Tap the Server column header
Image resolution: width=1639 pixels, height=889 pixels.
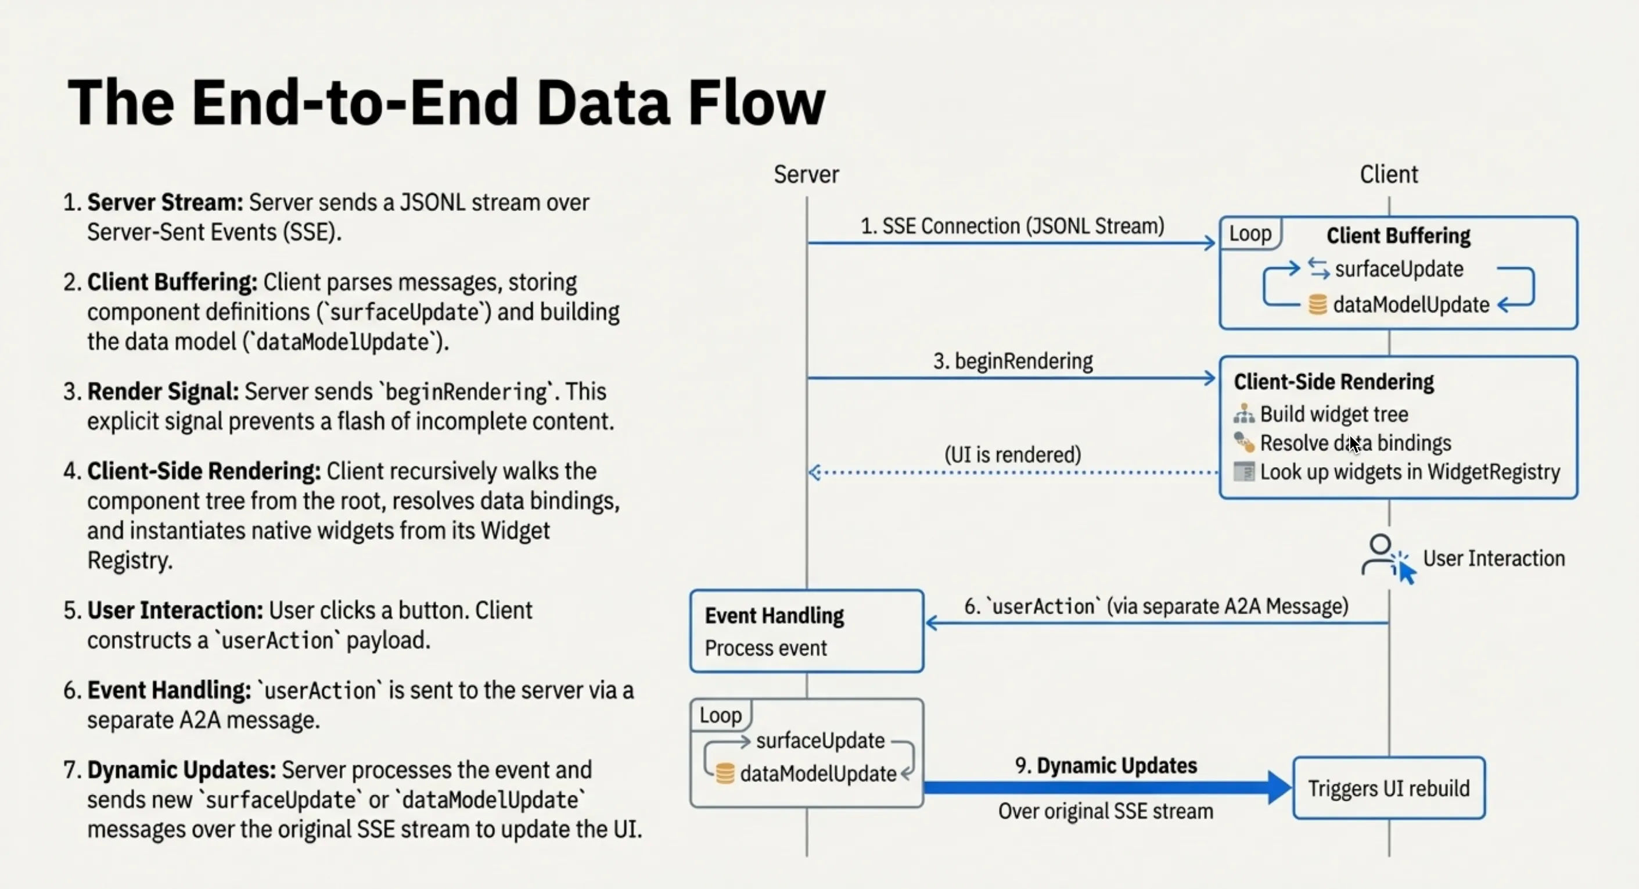pos(806,174)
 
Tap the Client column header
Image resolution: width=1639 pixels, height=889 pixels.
pos(1388,174)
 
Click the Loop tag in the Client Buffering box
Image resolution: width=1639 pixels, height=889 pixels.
pos(1250,234)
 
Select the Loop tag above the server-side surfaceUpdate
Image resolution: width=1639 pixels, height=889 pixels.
pos(720,715)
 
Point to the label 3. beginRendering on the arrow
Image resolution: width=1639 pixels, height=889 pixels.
pos(1012,361)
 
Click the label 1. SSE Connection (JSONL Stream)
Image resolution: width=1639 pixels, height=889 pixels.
pos(1012,226)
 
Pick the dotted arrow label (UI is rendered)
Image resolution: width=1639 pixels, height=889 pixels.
pos(1012,454)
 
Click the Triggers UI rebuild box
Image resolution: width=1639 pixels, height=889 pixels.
pos(1388,788)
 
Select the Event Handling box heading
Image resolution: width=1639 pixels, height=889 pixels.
pos(774,615)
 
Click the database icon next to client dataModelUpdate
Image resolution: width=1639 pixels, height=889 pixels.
pos(1317,305)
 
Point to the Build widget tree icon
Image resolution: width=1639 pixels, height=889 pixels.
pos(1243,414)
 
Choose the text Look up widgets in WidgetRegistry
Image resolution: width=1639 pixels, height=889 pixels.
pos(1410,472)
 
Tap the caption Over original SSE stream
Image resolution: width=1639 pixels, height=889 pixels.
pos(1105,811)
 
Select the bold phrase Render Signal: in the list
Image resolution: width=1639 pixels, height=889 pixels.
pos(163,392)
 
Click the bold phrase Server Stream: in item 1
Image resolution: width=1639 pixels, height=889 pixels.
pos(165,202)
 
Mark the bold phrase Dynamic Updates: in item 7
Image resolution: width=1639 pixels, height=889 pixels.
pos(181,770)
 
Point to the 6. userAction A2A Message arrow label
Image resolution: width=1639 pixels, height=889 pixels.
pos(1156,607)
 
